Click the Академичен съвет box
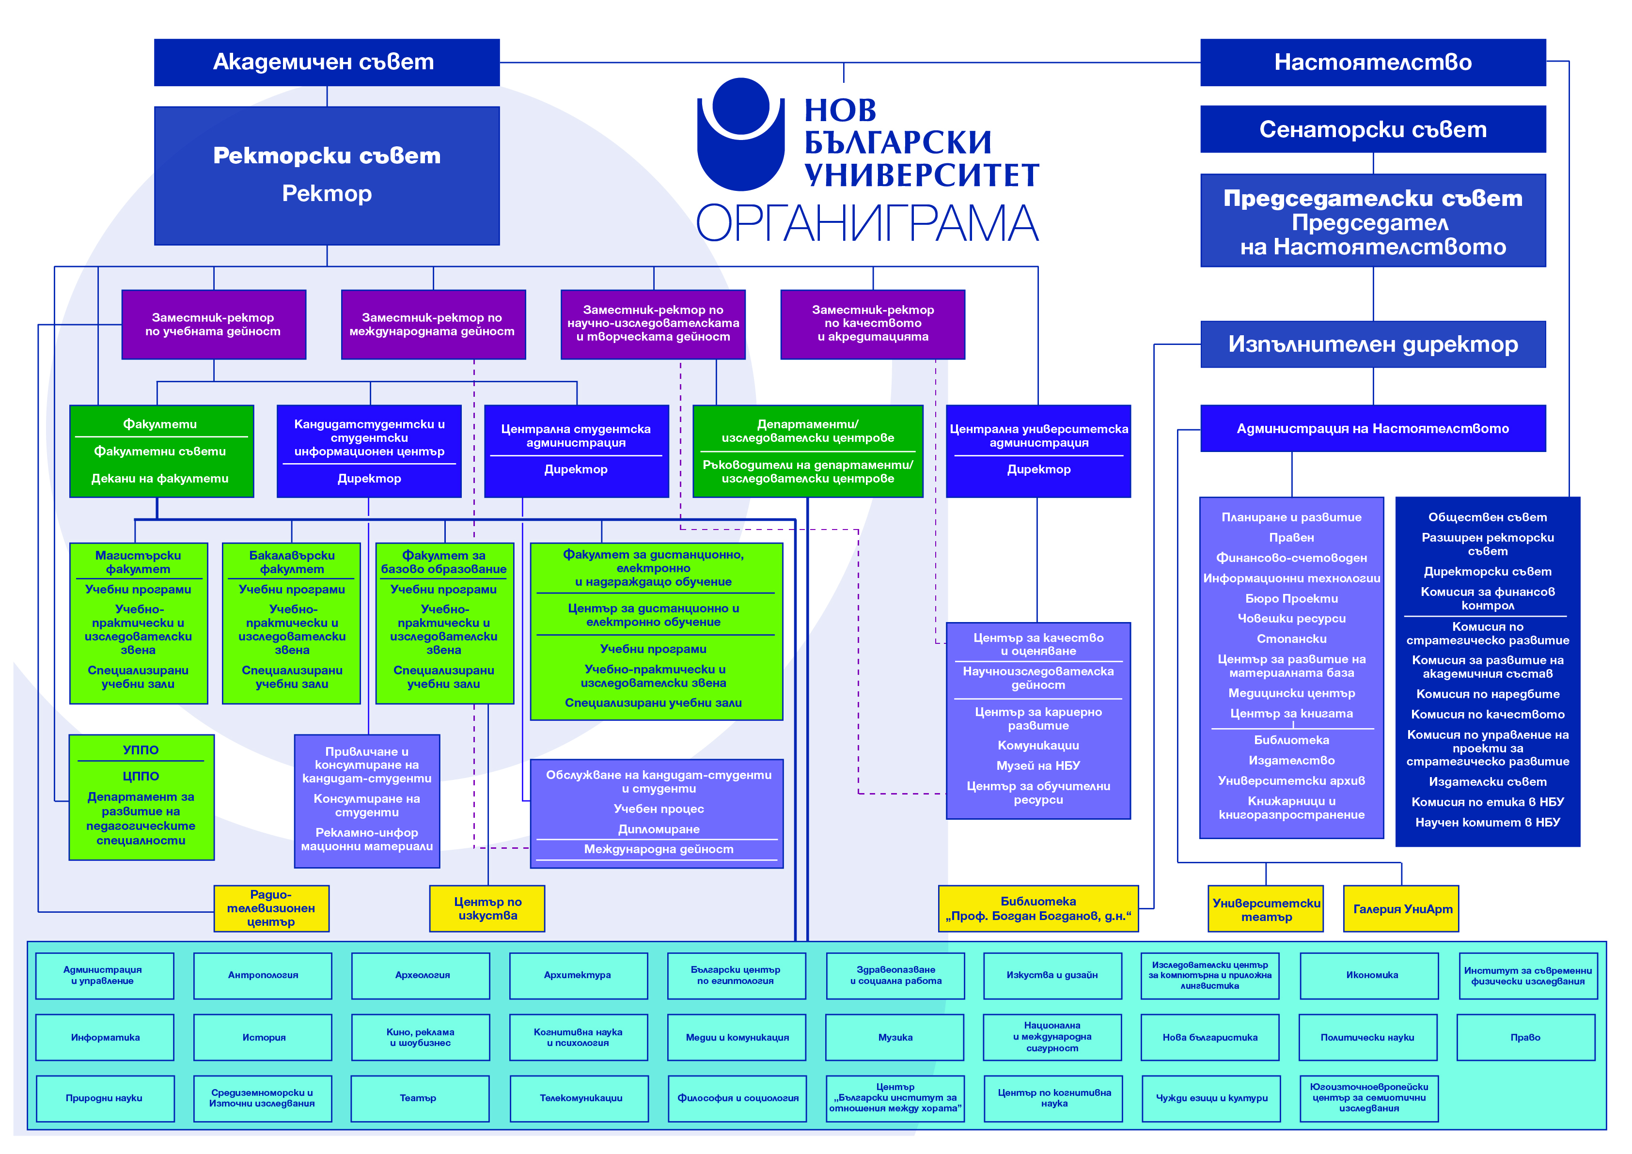326,62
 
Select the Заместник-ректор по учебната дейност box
213,325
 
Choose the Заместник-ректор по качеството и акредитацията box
872,324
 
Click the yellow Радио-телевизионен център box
271,908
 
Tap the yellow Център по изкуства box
487,908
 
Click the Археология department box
422,976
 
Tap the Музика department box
895,1037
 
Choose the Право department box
1525,1037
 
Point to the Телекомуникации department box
580,1099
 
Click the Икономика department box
1370,976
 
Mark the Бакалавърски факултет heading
291,562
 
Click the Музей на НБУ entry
1038,766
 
